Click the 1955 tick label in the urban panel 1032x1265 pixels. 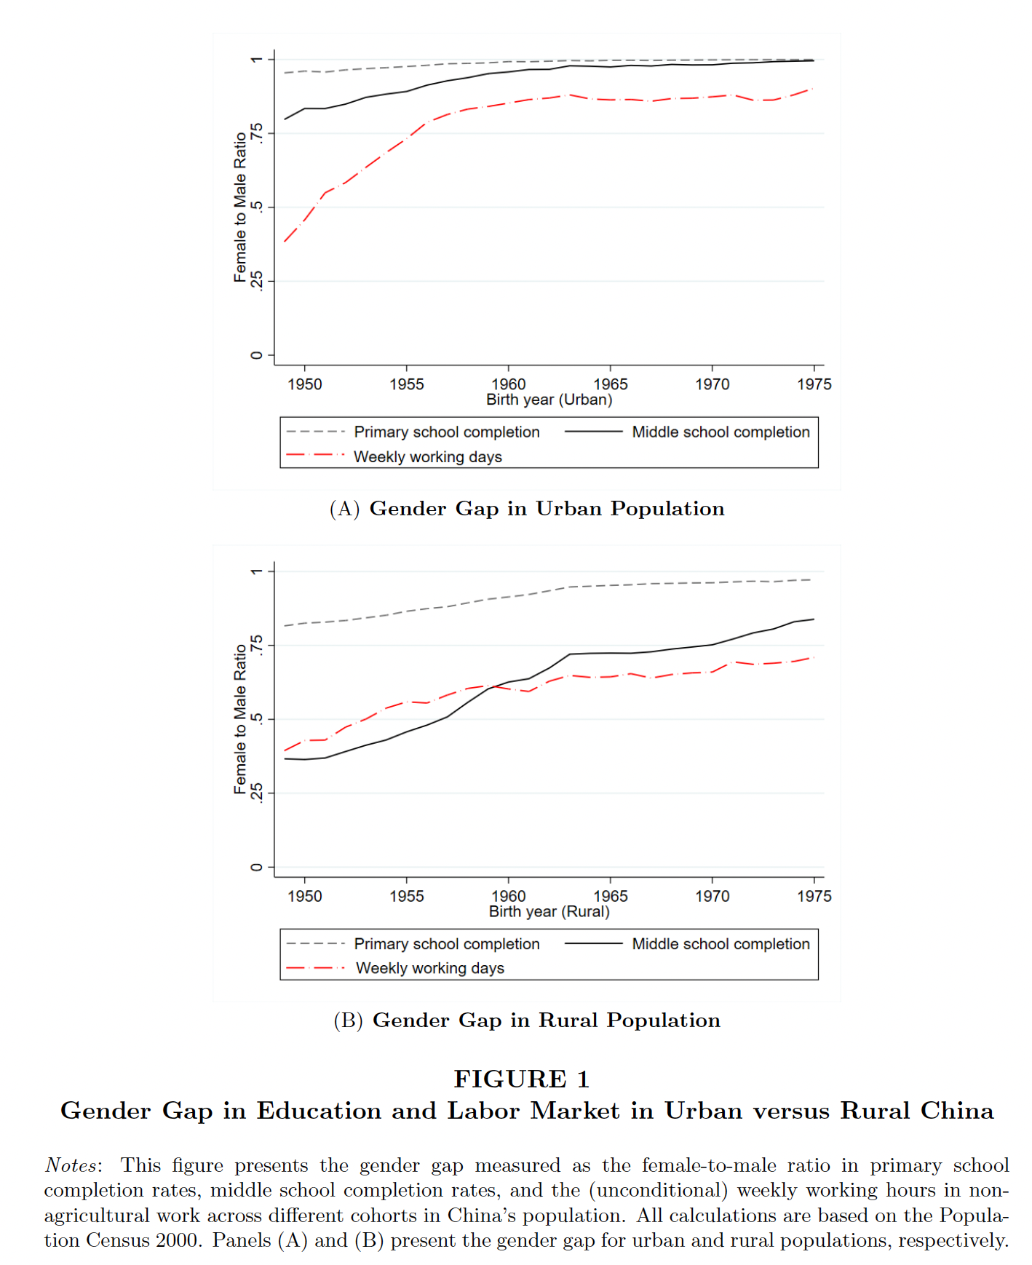coord(406,384)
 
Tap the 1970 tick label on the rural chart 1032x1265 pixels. coord(712,896)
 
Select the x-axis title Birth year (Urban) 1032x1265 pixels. coord(549,400)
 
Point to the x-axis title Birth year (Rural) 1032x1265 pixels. coord(549,911)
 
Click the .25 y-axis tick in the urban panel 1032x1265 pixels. coord(256,281)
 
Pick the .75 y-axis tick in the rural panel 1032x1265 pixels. coord(256,645)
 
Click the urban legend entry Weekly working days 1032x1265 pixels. coord(428,457)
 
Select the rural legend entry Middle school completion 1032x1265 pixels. coord(721,944)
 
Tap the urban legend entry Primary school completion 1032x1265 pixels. coord(447,432)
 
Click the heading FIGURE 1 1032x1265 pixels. coord(521,1079)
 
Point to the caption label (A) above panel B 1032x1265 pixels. coord(344,509)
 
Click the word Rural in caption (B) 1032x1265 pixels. coord(568,1020)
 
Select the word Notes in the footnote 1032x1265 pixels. coord(71,1165)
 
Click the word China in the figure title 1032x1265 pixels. coord(956,1111)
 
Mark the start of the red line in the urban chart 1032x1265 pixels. coord(285,242)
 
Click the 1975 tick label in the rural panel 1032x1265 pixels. coord(814,896)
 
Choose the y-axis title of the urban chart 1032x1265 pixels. coord(239,207)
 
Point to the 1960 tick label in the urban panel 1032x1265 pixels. coord(508,384)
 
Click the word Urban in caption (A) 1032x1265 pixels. coord(568,509)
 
